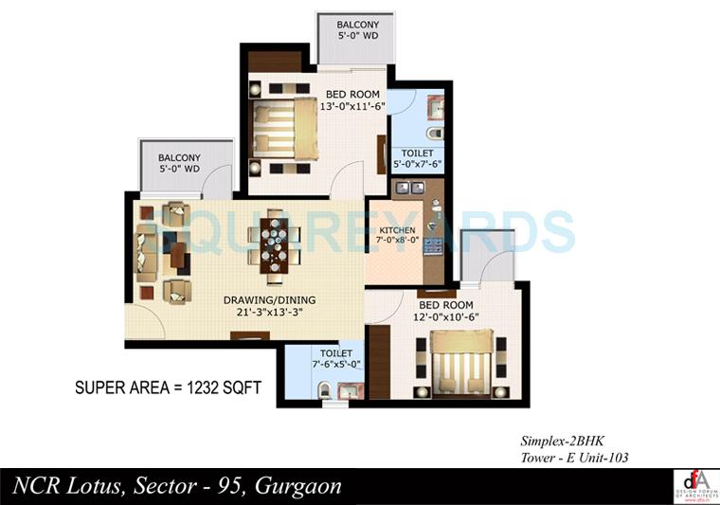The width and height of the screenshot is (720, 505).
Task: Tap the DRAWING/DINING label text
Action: [x=270, y=300]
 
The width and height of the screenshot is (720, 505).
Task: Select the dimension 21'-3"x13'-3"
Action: [x=270, y=312]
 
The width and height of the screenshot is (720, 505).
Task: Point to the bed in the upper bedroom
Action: [x=284, y=130]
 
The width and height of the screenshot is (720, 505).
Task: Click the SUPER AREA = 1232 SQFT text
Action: [x=168, y=388]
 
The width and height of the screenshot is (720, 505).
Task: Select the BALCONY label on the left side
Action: [x=179, y=157]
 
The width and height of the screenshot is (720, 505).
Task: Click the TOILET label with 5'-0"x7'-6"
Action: [x=417, y=153]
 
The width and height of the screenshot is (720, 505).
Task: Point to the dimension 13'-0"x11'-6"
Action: [x=353, y=106]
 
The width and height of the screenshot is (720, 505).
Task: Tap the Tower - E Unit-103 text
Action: [x=574, y=458]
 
